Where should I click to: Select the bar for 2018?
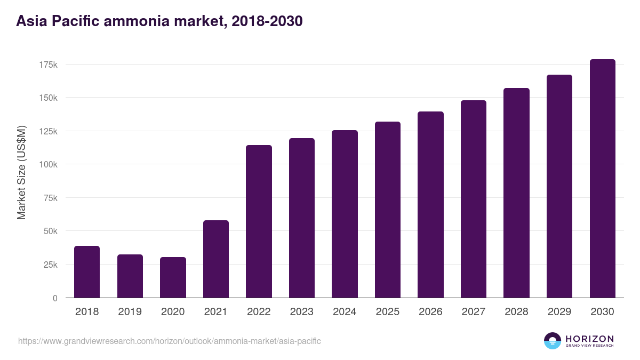[x=87, y=272]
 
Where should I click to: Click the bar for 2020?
[x=173, y=277]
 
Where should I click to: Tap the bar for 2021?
[x=216, y=259]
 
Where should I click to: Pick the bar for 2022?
[x=259, y=221]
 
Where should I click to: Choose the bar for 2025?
[x=388, y=210]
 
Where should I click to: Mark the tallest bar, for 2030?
[x=602, y=179]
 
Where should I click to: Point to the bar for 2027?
[x=474, y=199]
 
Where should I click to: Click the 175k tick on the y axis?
[x=48, y=65]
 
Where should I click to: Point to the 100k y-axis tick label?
[x=48, y=164]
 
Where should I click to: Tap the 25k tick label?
[x=50, y=265]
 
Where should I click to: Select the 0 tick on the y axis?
[x=55, y=298]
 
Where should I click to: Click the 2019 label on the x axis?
[x=130, y=312]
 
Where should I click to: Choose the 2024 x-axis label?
[x=345, y=312]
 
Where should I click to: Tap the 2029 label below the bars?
[x=559, y=312]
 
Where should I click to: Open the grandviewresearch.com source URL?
[x=170, y=341]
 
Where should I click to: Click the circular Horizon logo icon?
[x=552, y=341]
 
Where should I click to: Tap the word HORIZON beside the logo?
[x=589, y=338]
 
